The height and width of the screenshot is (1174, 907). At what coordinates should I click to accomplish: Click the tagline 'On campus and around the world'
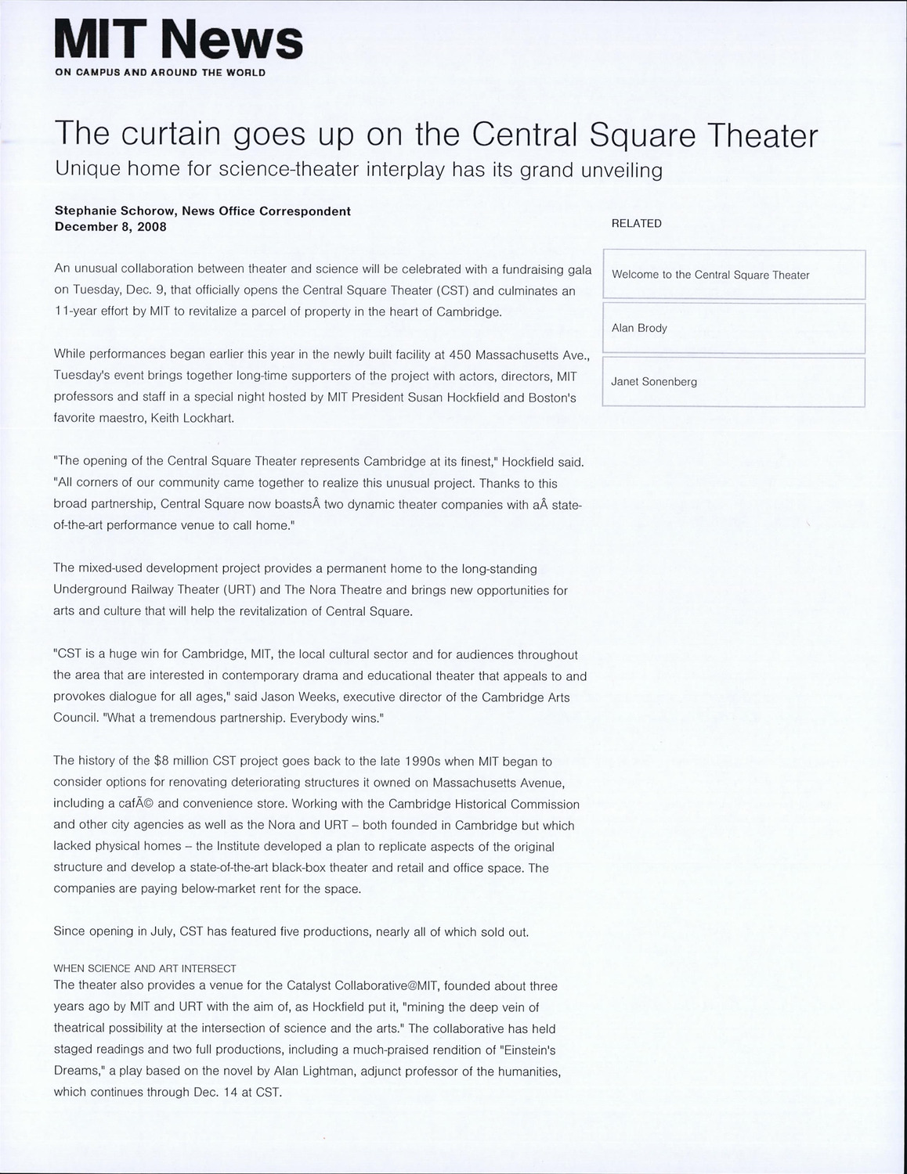click(x=160, y=73)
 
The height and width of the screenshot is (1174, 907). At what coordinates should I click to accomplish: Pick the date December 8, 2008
click(x=110, y=227)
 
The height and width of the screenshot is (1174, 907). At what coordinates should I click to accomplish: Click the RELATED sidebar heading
click(x=636, y=223)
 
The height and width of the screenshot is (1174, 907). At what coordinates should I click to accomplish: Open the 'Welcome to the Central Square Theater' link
click(x=710, y=275)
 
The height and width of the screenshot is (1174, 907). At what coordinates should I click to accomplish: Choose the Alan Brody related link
click(x=639, y=328)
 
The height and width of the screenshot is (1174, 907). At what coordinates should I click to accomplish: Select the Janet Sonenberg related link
click(x=654, y=382)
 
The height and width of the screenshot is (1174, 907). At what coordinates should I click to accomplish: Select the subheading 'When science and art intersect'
click(x=145, y=968)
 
